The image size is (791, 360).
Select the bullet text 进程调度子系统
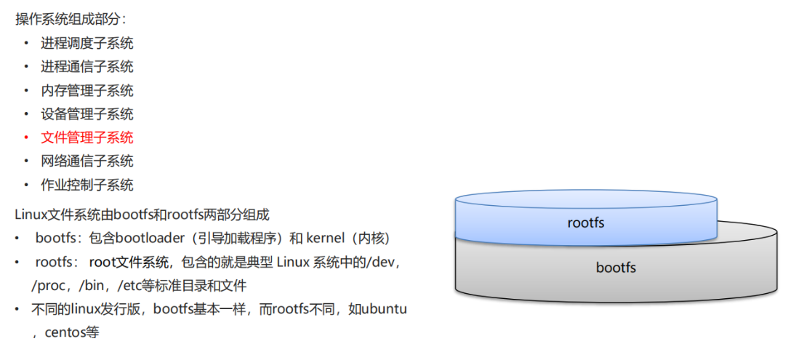(87, 44)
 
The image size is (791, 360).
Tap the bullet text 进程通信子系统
(87, 67)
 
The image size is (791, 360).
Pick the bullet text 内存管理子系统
(87, 91)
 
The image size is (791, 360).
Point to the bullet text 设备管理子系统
(87, 114)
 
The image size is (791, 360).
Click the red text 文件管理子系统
(87, 137)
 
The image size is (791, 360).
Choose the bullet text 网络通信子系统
(87, 161)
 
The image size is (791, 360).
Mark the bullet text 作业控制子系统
(87, 185)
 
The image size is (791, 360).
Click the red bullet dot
(26, 137)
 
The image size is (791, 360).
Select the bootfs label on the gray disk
(616, 268)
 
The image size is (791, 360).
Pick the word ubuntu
(384, 309)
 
